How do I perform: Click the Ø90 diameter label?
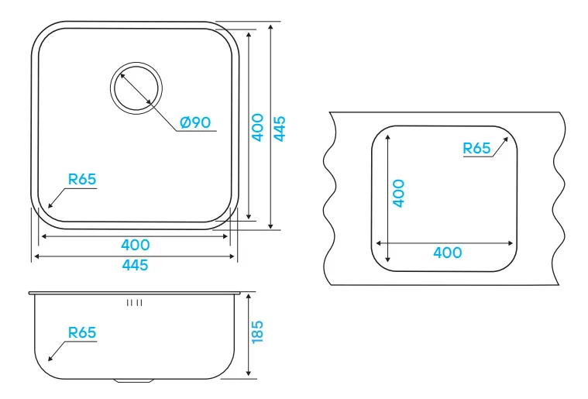pos(195,122)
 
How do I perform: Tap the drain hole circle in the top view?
pos(136,88)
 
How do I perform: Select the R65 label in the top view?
pos(82,179)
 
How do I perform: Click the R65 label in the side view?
pos(82,332)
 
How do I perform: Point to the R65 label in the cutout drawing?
pos(476,148)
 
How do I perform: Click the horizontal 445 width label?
pos(135,265)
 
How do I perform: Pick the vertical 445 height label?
pos(280,129)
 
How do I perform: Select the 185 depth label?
pos(257,332)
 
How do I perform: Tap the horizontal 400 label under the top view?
pos(136,245)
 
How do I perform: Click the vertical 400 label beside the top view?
pos(257,128)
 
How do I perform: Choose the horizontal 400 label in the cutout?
pos(447,253)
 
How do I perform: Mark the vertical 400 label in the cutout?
pos(399,193)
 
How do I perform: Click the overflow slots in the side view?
pos(134,303)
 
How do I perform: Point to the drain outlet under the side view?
pos(134,381)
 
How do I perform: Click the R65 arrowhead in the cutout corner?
pos(505,140)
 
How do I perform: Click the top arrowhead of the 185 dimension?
pos(248,297)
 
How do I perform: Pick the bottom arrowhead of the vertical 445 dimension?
pos(270,226)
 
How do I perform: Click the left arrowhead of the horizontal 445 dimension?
pos(37,256)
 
